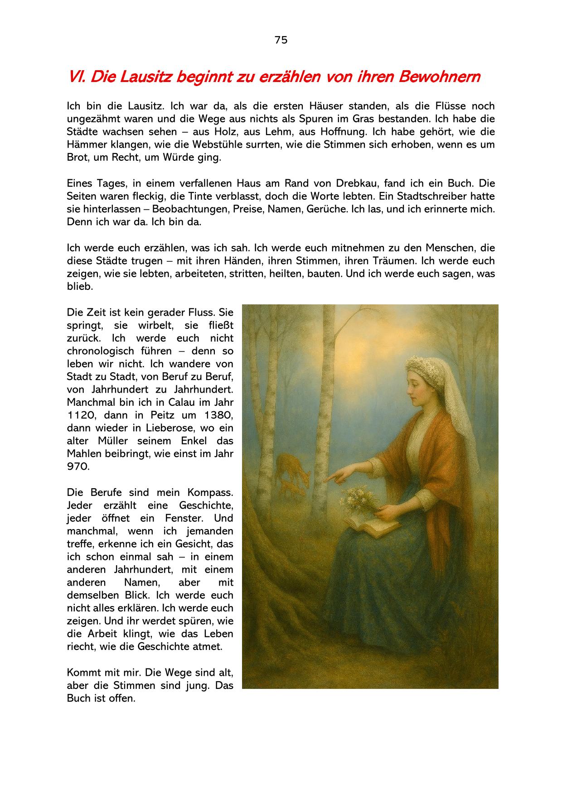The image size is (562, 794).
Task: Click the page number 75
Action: (x=281, y=40)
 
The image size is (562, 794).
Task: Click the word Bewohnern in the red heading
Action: (x=439, y=77)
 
